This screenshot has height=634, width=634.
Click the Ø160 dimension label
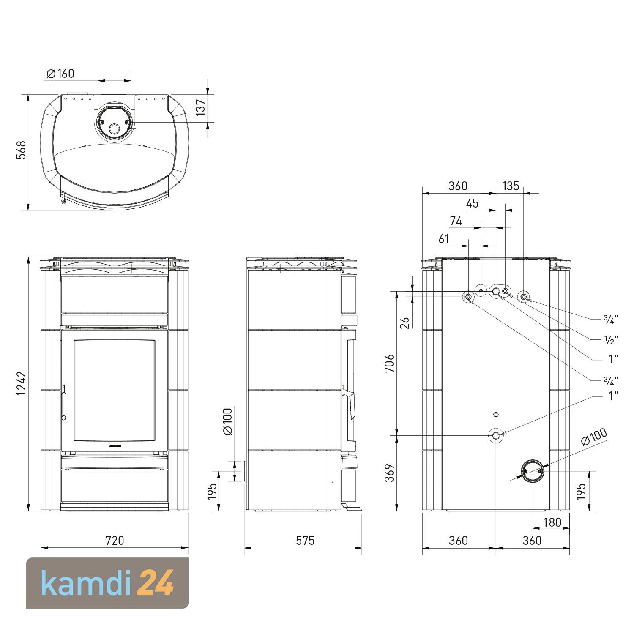60,74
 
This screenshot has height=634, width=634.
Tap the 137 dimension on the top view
200,107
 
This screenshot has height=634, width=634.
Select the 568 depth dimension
21,150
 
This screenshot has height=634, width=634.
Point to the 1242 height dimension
21,383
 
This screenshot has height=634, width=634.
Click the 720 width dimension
114,540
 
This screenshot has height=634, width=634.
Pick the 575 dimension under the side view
305,540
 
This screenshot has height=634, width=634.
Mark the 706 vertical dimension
389,363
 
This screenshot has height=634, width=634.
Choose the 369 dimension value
389,473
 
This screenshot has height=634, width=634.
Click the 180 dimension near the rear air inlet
552,522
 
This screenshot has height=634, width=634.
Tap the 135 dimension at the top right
510,186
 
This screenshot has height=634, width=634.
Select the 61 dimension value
444,239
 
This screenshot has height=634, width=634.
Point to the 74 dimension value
456,221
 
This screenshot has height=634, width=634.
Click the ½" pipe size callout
611,339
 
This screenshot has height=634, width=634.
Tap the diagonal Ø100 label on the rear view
594,436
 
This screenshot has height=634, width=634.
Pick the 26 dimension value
405,322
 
